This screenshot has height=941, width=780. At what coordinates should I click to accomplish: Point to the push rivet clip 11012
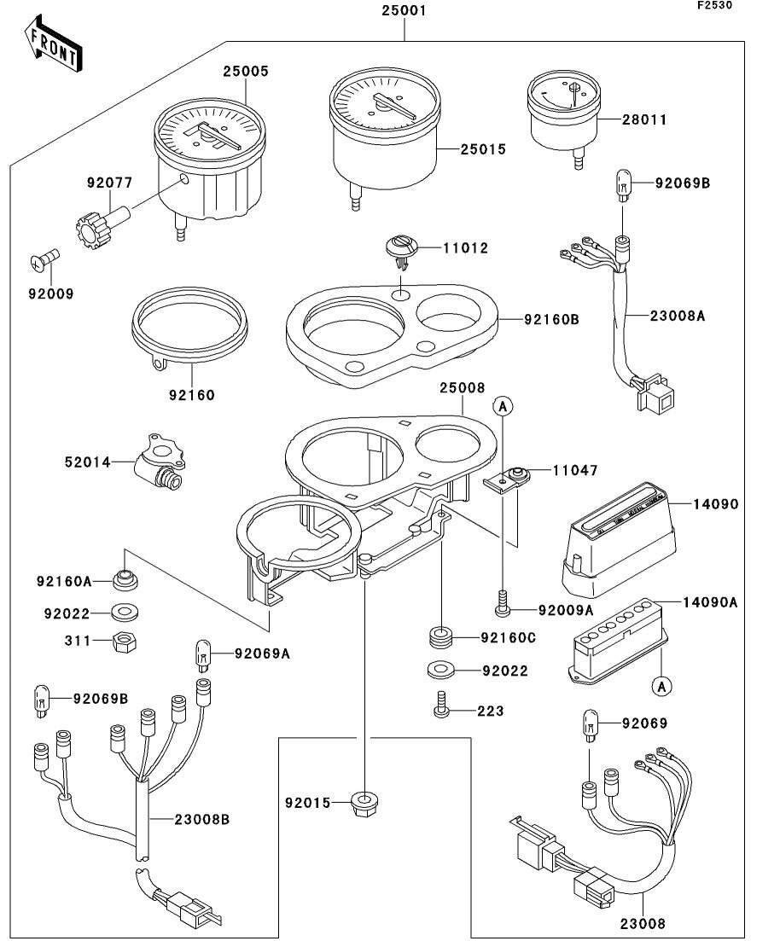(399, 248)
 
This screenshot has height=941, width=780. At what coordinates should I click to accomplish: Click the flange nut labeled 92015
(365, 803)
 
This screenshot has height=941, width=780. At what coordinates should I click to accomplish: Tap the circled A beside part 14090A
(660, 685)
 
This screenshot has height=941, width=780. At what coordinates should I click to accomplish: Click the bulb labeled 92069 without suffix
(590, 724)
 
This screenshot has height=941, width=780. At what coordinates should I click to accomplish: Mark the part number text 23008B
(201, 820)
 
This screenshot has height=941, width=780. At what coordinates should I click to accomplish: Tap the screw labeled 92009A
(502, 607)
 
